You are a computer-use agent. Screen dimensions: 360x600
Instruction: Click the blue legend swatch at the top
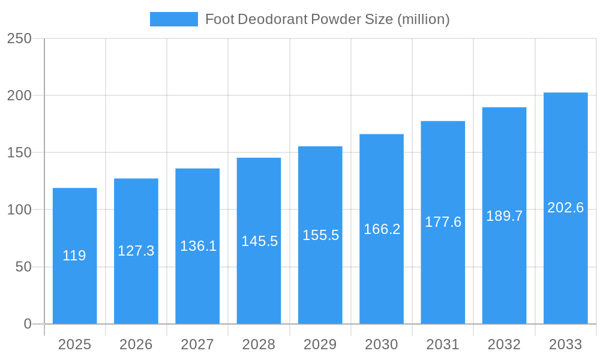coord(173,19)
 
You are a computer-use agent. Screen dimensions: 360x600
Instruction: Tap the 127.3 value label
coord(136,251)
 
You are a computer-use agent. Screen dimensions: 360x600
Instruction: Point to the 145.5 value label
coord(259,241)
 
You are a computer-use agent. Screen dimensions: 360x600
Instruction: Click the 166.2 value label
coord(382,229)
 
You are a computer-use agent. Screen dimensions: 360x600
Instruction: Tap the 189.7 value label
coord(504,216)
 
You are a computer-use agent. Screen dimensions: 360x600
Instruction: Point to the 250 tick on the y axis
coord(19,38)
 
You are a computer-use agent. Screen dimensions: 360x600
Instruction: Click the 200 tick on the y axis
coord(19,95)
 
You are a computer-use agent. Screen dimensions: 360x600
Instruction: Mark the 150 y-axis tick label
coord(19,152)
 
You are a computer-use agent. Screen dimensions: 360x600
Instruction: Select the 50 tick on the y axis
coord(23,267)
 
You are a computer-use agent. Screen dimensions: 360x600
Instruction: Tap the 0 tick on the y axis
coord(28,324)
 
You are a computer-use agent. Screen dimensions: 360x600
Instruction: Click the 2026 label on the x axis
coord(136,344)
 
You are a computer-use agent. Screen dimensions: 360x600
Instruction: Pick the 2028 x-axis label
coord(259,344)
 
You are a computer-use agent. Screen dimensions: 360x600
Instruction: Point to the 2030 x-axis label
coord(382,344)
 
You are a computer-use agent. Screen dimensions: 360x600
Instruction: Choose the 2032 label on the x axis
coord(504,344)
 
